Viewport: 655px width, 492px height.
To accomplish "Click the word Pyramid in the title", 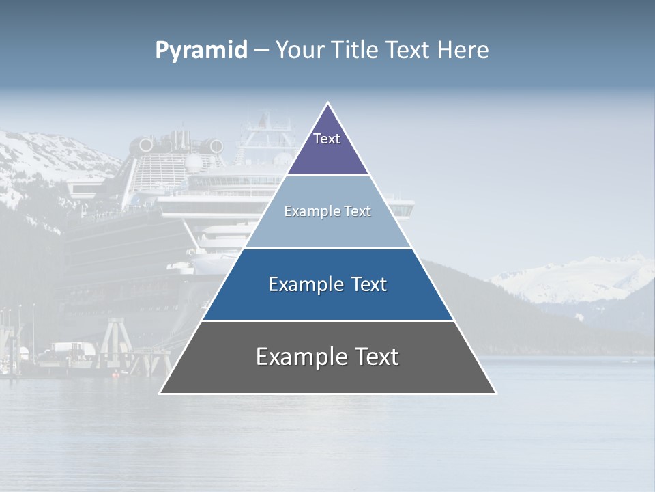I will point(201,51).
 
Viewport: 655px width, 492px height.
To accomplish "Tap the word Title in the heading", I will point(353,51).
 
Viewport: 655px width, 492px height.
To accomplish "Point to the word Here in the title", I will point(463,51).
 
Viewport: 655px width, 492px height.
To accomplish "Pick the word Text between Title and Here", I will point(408,51).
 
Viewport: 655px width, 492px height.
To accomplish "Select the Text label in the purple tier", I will point(327,139).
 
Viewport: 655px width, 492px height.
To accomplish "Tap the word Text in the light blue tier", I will point(358,212).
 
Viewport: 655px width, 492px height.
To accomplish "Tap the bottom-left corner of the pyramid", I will point(160,393).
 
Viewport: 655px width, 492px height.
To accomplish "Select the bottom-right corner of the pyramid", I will point(496,393).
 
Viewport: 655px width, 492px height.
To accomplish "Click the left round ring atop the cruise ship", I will point(146,145).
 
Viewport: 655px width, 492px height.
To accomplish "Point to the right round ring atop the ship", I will point(216,146).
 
